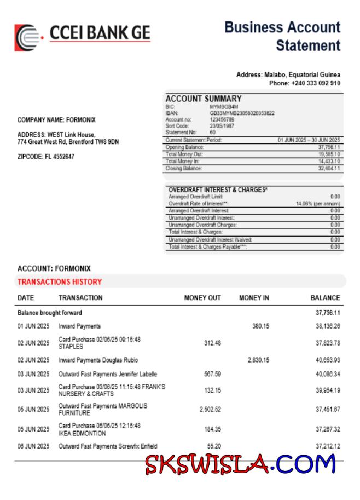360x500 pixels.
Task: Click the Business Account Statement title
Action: [x=282, y=36]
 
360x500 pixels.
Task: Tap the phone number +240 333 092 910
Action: [x=305, y=83]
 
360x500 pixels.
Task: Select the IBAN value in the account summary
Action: [x=242, y=113]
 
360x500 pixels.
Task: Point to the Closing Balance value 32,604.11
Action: [x=329, y=169]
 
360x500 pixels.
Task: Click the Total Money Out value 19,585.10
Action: [x=329, y=154]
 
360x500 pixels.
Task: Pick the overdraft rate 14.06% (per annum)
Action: [x=318, y=204]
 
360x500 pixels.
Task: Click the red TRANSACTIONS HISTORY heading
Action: [x=60, y=282]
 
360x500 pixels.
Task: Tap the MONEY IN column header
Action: [x=254, y=298]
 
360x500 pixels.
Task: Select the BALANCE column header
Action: [x=325, y=298]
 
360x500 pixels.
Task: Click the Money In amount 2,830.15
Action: [x=258, y=360]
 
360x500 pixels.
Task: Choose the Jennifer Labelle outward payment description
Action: [x=108, y=375]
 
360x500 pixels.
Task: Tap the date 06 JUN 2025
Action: [x=33, y=447]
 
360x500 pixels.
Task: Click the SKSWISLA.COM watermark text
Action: [x=241, y=465]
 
